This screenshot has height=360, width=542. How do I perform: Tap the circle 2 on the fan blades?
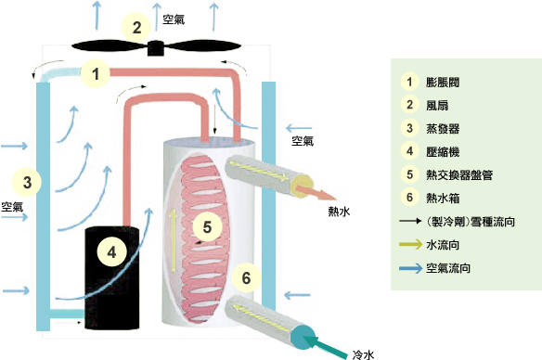click(136, 28)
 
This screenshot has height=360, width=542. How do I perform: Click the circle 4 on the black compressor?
click(112, 251)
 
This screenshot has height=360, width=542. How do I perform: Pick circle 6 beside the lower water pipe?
click(246, 276)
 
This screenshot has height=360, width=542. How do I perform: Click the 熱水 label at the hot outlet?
click(340, 212)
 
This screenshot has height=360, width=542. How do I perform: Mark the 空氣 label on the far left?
click(12, 206)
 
